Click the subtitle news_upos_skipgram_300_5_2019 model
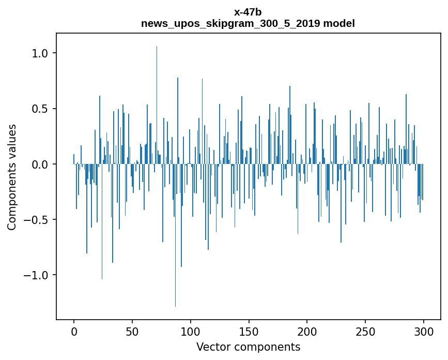tap(248, 23)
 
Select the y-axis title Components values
tap(12, 177)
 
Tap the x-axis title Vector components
tap(248, 347)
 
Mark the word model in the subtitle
tap(339, 23)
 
